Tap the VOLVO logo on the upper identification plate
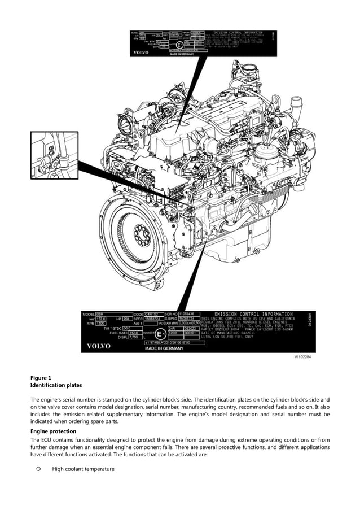(x=141, y=53)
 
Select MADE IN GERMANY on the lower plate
(x=164, y=348)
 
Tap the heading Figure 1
(x=41, y=377)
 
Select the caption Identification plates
(x=56, y=385)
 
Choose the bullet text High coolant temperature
(x=83, y=469)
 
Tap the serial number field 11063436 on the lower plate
(x=190, y=314)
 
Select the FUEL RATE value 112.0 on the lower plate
(x=134, y=333)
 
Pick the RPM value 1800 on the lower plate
(x=101, y=324)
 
